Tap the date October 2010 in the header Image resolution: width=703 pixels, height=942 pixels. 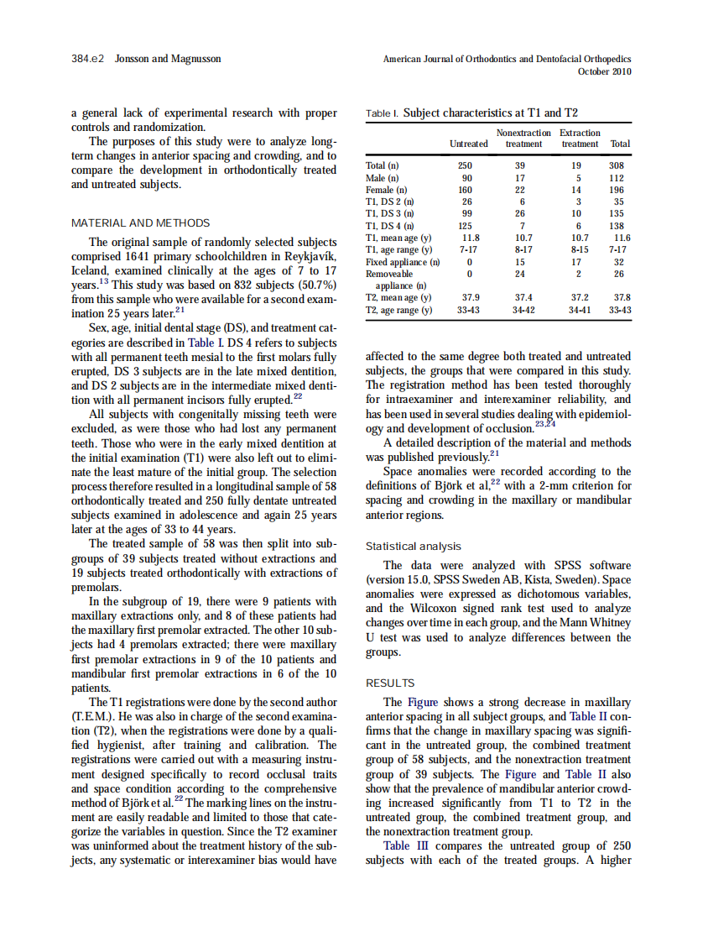coord(605,71)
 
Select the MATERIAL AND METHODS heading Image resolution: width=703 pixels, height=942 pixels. coord(141,222)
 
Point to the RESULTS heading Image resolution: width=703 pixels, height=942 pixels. coord(391,683)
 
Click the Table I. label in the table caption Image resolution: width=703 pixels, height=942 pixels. coord(383,113)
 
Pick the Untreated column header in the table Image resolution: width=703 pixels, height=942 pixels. coord(469,144)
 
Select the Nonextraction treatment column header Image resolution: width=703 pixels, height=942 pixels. coord(523,139)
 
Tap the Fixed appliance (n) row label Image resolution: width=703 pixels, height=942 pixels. coord(403,262)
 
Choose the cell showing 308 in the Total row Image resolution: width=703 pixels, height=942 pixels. coord(617,166)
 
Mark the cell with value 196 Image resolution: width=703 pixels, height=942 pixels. coord(617,190)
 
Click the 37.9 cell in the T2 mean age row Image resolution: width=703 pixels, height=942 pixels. coord(471,297)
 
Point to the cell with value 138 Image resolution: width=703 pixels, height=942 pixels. coord(617,226)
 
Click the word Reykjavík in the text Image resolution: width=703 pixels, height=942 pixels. coord(309,256)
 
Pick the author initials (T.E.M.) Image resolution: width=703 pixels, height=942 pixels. coord(96,716)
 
